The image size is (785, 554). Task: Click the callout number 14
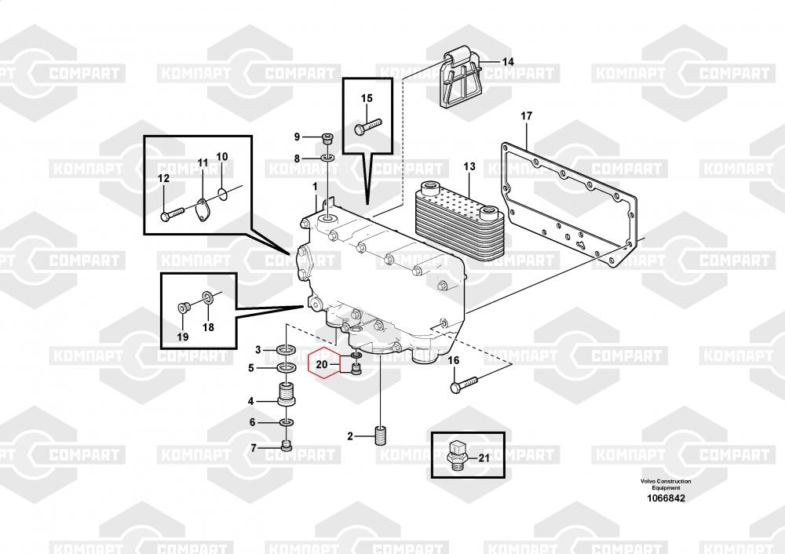tap(508, 62)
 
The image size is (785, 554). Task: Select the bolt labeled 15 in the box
tap(368, 125)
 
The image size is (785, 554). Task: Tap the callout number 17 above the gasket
tap(526, 116)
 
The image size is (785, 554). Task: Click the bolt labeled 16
tap(464, 385)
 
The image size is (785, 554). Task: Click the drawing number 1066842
tap(666, 498)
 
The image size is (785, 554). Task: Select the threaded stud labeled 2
tap(381, 435)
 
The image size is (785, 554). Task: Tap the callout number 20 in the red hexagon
tap(321, 364)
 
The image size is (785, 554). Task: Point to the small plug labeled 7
tap(287, 446)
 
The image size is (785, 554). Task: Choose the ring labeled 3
tap(287, 349)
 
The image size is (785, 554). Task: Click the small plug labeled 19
tap(182, 307)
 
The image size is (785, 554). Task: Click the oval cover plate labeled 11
tap(203, 210)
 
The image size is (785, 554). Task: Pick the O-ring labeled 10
tap(223, 192)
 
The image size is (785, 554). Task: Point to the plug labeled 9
tap(327, 137)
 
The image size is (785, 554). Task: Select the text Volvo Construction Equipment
tap(666, 484)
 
